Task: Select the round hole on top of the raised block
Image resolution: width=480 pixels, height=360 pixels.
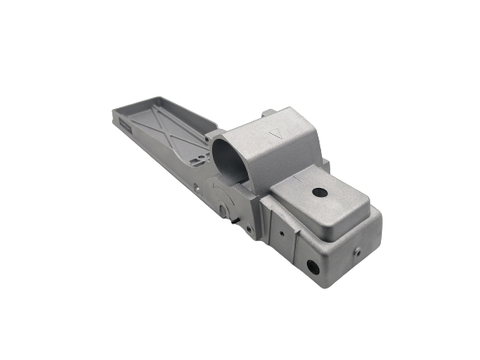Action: click(x=317, y=191)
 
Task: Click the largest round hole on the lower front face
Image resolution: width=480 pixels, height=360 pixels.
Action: click(x=313, y=267)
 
